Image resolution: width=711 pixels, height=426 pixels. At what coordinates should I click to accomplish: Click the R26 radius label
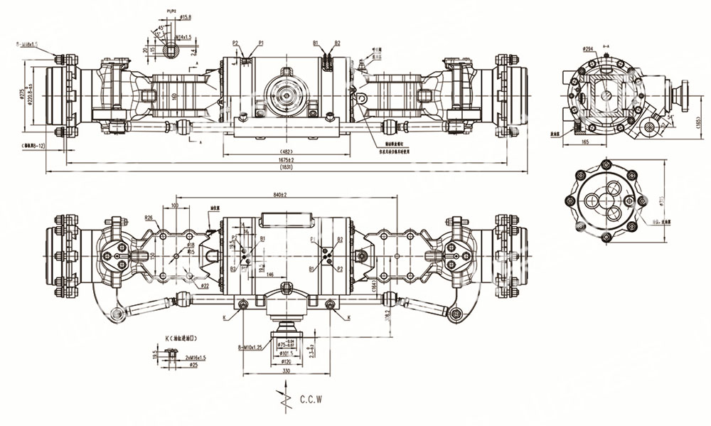(150, 218)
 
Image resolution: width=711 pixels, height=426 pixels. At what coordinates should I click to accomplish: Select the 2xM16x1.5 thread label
(195, 357)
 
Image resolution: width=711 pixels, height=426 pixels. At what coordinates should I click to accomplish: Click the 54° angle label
(670, 117)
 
